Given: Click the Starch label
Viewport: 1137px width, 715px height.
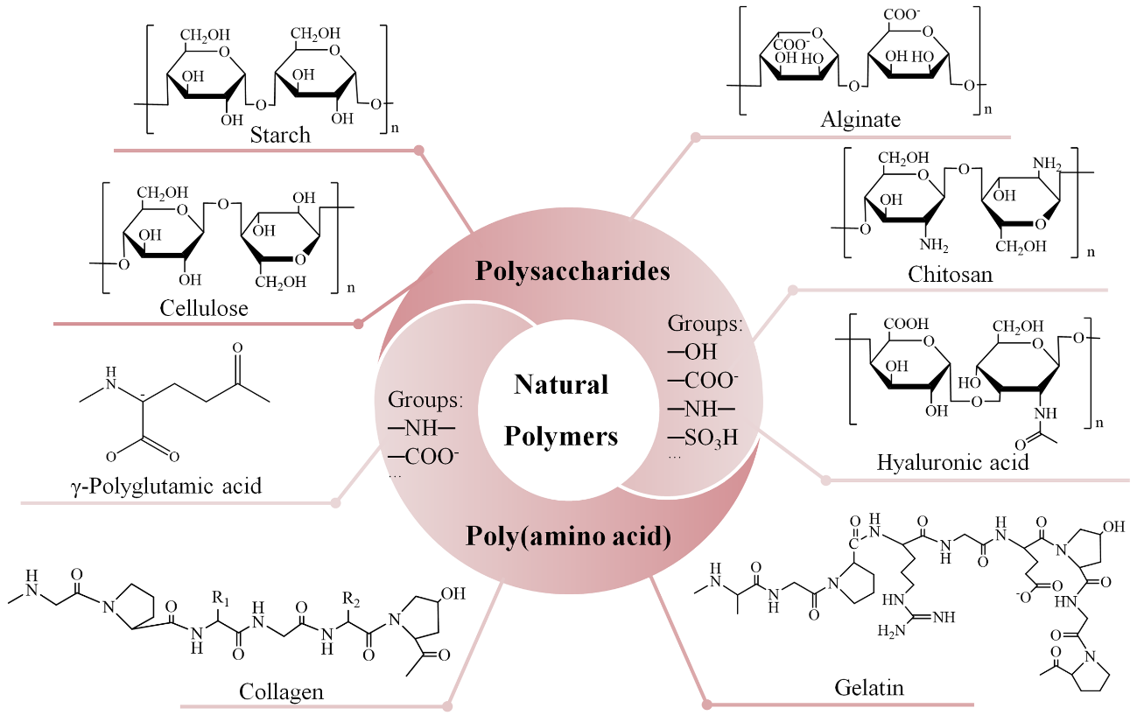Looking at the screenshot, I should point(280,135).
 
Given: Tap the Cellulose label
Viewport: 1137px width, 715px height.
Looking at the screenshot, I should point(204,308).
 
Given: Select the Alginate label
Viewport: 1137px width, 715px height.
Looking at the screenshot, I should point(860,120).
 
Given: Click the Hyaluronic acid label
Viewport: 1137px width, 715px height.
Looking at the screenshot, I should point(952,462).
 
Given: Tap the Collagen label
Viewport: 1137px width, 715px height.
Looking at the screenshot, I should point(281,691).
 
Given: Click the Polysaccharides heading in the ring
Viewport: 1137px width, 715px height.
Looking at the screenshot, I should point(572,270).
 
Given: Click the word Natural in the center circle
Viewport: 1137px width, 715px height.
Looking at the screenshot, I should point(561,384).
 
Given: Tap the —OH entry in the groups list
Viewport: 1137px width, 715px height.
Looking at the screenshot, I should point(692,352).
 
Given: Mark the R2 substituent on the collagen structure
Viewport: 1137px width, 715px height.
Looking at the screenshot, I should point(352,599).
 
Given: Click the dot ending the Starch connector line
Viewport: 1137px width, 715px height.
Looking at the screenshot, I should point(419,151).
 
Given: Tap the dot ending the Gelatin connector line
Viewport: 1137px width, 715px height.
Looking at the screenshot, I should point(707,703).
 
